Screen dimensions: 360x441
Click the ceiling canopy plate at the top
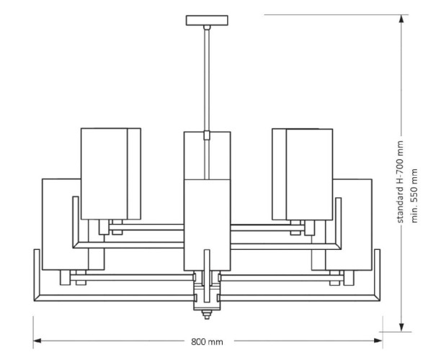207,19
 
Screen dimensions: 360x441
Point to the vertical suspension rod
207,79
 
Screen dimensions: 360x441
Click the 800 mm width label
207,341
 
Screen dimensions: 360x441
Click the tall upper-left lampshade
110,173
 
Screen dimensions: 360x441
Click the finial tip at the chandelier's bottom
207,313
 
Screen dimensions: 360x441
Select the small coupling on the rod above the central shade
207,134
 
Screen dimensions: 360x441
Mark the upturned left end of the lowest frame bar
36,274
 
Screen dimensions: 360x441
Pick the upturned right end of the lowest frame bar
377,274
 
